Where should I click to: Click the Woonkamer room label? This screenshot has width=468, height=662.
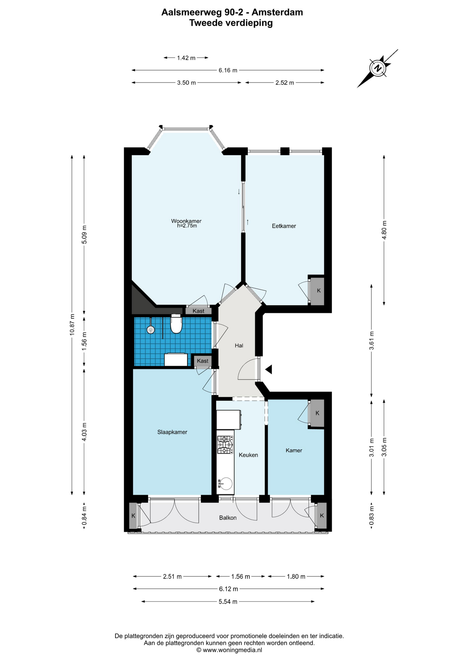coord(186,221)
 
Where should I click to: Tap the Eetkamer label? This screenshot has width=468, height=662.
coord(284,226)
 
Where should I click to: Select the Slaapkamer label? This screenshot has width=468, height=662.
coord(172,432)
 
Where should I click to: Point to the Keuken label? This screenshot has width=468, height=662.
coord(248,455)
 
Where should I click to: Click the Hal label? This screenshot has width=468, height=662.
coord(239,345)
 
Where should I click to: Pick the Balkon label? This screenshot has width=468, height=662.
coord(228,518)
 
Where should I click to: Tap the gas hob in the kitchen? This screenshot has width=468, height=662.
coord(225,445)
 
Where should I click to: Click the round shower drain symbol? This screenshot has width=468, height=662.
coord(151,330)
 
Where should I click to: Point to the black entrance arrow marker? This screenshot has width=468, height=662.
coord(269,369)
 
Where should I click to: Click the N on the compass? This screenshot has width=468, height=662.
coord(378,68)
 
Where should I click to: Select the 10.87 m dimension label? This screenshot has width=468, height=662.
coord(72,324)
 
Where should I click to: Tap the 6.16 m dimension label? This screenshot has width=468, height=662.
coord(228,70)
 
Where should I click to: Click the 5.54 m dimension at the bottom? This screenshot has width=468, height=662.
coord(228,602)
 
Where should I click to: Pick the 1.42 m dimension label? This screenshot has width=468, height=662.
coord(186,58)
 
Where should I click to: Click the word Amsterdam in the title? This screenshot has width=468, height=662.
coord(277,12)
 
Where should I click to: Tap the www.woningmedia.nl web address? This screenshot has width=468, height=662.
coord(233,650)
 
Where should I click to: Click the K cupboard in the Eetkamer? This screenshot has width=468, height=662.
coord(318,290)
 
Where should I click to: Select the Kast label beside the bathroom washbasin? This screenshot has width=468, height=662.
coord(203,361)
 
